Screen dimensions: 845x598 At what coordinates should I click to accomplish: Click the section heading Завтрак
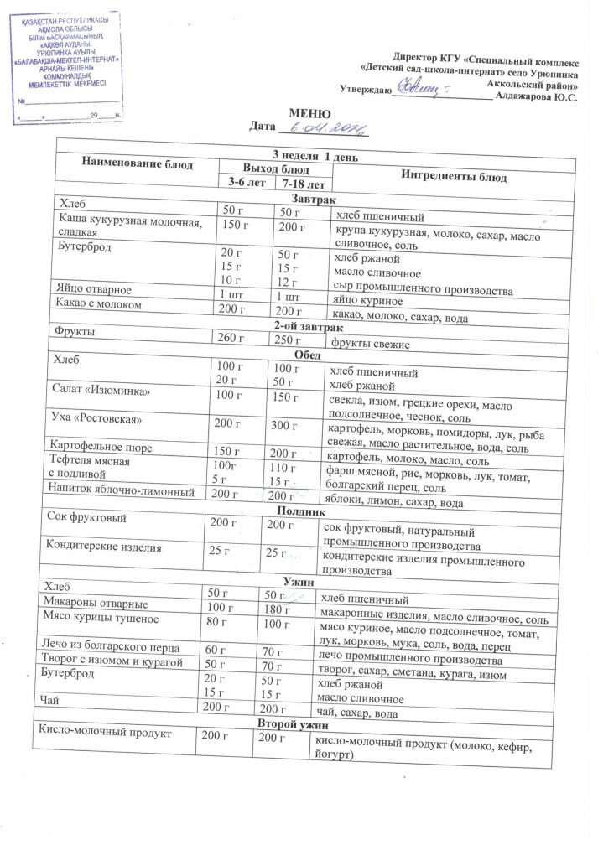pyautogui.click(x=312, y=200)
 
